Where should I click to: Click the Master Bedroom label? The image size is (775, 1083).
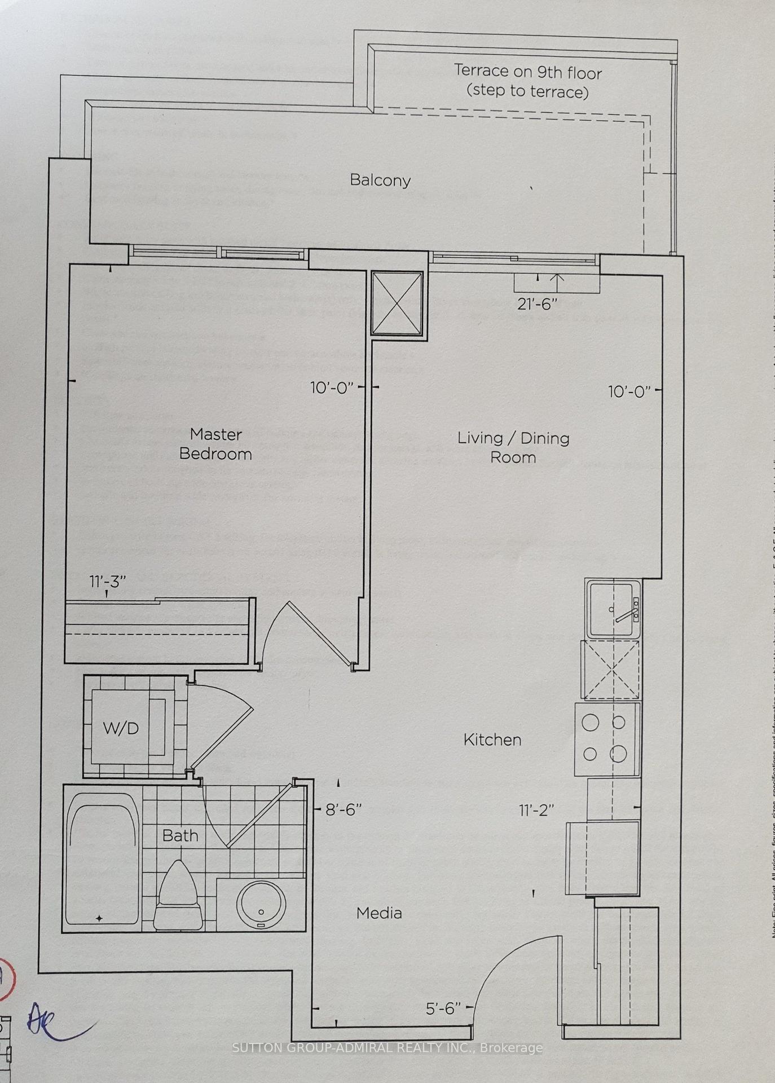coord(215,444)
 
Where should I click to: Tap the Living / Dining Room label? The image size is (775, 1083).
coord(513,447)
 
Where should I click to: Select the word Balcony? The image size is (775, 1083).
coord(380,180)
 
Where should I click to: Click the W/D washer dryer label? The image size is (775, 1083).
coord(121,728)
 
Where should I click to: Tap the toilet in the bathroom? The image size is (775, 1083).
coord(178,896)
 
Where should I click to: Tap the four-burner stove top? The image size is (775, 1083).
coord(607,739)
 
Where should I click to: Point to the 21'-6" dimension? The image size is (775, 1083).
coord(537,304)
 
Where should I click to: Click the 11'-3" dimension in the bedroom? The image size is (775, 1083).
coord(107,582)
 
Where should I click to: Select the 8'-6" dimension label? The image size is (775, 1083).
coord(344,809)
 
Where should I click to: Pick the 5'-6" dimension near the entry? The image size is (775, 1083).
coord(443,1008)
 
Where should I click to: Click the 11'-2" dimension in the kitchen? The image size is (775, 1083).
coord(536,811)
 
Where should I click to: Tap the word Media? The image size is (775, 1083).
coord(379,913)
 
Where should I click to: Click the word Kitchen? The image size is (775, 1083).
coord(492,740)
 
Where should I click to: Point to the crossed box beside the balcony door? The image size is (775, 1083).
coord(397,303)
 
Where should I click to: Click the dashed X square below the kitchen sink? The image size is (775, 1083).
coord(611,670)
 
